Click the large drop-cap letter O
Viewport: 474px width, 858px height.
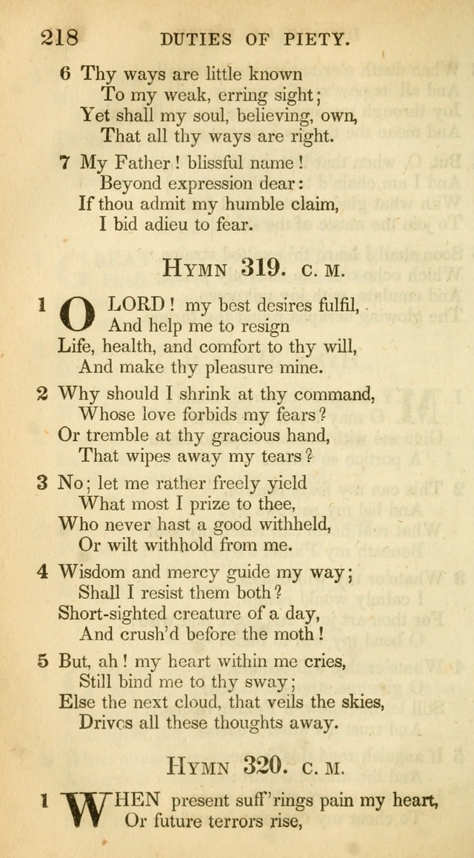pos(77,313)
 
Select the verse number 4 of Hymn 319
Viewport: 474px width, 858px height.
pos(43,572)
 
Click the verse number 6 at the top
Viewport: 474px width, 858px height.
pos(65,73)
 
